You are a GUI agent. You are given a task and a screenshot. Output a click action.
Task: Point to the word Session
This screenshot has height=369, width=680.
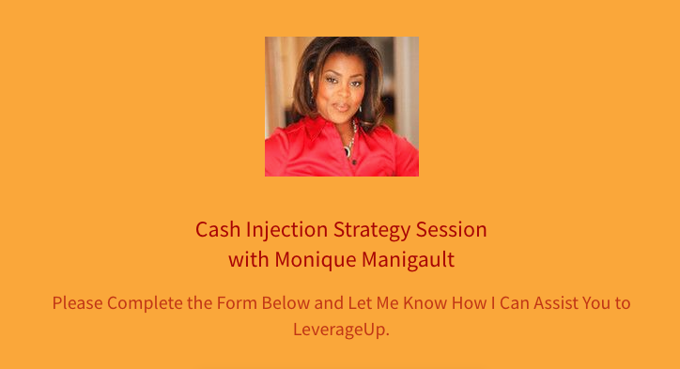point(452,230)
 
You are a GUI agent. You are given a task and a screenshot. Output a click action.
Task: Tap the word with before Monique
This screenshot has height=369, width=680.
point(248,259)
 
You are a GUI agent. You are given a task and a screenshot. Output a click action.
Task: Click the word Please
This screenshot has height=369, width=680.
point(78,303)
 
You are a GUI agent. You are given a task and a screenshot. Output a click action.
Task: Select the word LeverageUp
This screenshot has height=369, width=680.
point(340,330)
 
